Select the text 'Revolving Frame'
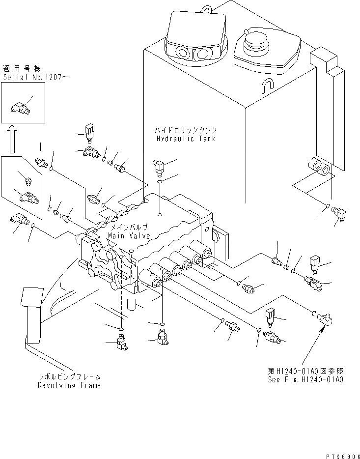pos(69,385)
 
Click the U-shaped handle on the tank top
pos(268,85)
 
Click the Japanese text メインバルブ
pos(127,228)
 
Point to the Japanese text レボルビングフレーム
pos(69,377)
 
